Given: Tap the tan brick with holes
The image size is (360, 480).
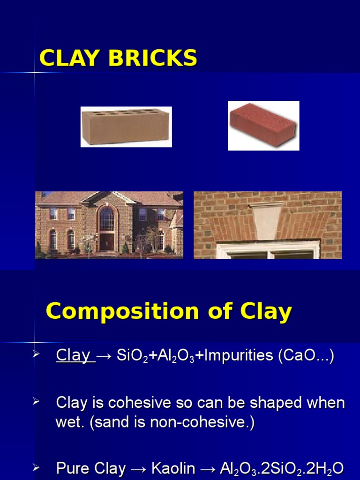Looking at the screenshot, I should click(126, 127).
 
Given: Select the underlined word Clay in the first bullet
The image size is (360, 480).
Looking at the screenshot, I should click(73, 356).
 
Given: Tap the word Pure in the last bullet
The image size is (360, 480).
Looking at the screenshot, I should click(71, 468).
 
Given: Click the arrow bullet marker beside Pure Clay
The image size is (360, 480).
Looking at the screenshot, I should click(37, 467).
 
